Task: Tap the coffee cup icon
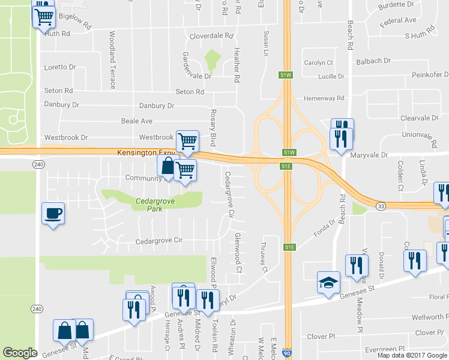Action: [53, 213]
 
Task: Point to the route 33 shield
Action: [381, 206]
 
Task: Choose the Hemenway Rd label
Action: [324, 98]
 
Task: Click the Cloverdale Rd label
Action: [211, 36]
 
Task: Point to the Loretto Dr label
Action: [60, 67]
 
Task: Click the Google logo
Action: [20, 353]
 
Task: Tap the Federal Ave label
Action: [398, 20]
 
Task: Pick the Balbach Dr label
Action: [373, 61]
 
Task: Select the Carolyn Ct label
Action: [318, 62]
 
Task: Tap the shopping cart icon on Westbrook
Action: [187, 140]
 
